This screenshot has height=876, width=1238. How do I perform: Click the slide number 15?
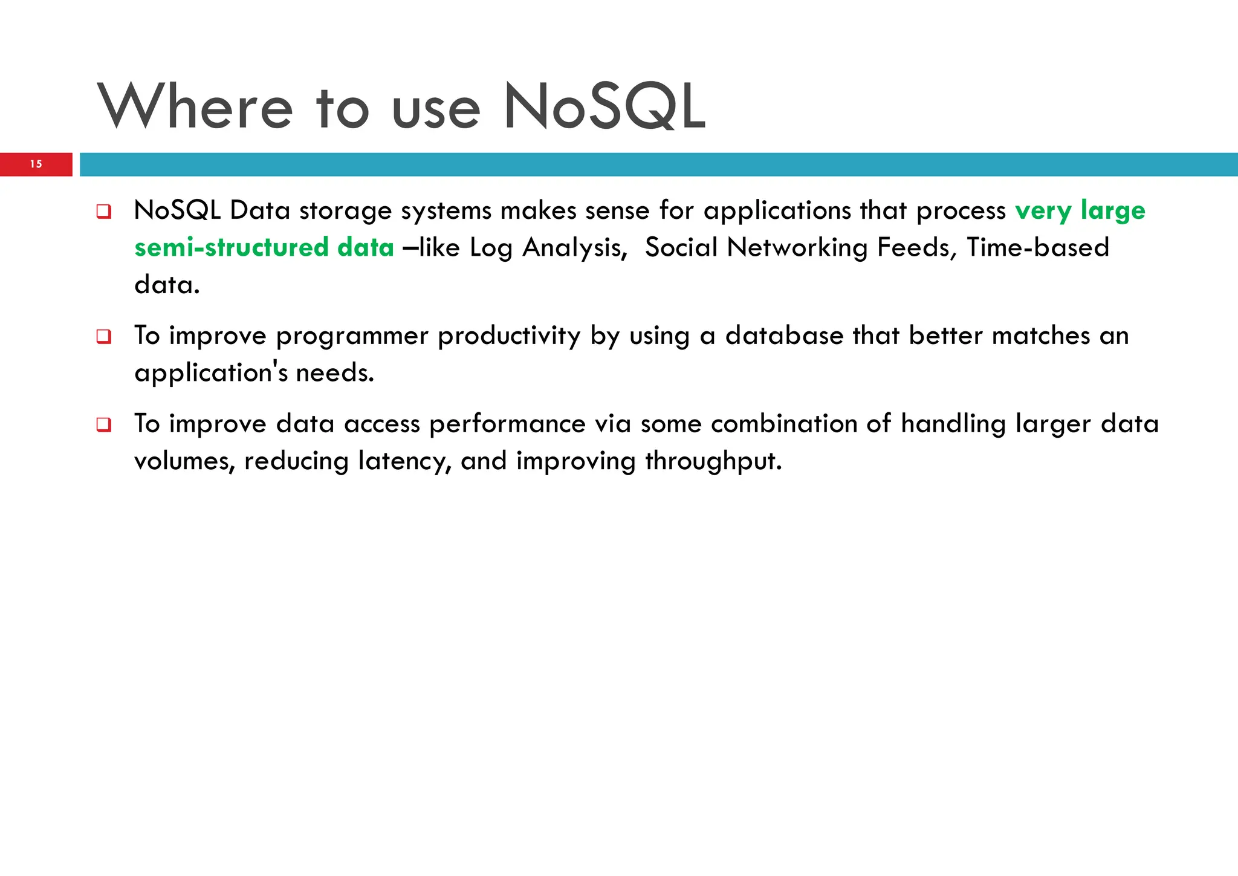pos(36,164)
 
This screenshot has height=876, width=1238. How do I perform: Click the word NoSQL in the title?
pos(604,108)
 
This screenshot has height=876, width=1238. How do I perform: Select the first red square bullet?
pos(104,212)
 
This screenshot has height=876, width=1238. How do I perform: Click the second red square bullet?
pos(104,337)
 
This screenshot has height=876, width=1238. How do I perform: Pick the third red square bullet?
pos(104,425)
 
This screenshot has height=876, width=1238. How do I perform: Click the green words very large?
pos(1080,211)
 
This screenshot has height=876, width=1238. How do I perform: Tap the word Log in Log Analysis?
pos(490,248)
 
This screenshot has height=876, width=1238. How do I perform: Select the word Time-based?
pos(1037,248)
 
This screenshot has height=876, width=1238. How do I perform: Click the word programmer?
pos(352,337)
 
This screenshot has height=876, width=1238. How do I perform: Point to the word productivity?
pos(508,337)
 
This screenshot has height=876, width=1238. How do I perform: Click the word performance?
pos(507,424)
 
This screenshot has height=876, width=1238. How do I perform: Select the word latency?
pos(404,461)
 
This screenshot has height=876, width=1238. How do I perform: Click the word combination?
pos(784,424)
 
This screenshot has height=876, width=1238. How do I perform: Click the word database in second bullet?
pos(784,336)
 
